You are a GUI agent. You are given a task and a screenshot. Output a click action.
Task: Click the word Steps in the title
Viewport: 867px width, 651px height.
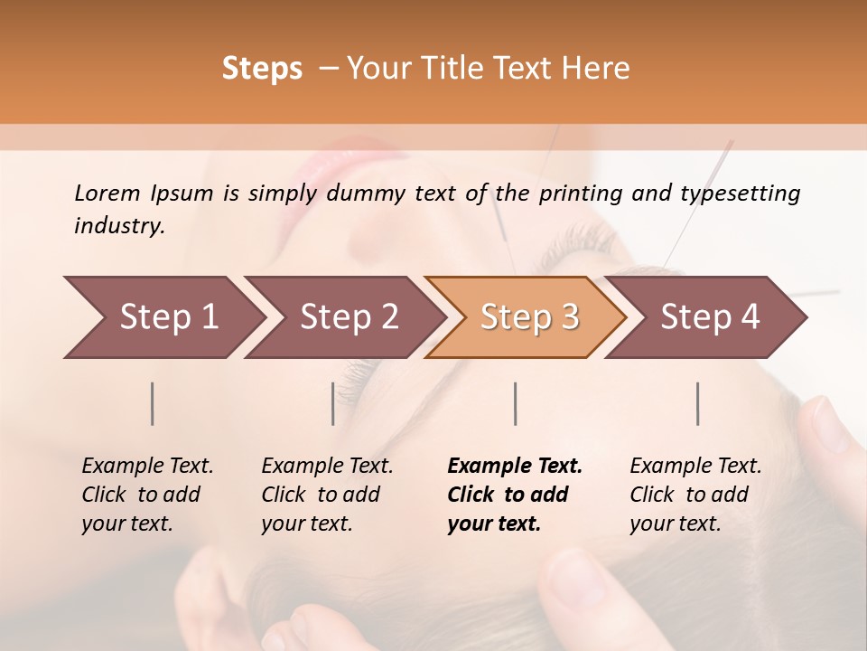coord(262,69)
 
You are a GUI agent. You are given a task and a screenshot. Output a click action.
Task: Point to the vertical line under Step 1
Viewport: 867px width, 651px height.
coord(153,403)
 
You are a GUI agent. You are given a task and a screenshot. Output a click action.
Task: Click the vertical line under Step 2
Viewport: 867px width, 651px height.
coord(333,403)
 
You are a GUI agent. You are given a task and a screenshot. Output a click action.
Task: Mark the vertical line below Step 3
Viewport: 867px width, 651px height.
coord(516,403)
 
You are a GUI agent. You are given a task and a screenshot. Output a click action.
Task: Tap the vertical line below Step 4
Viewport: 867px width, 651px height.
coord(698,403)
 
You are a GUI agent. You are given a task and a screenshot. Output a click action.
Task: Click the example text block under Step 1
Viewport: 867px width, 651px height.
coord(147,495)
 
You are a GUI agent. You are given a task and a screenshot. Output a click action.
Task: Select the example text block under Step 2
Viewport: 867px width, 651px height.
coord(327,495)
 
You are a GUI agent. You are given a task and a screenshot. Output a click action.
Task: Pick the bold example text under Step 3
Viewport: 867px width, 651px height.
coord(515,495)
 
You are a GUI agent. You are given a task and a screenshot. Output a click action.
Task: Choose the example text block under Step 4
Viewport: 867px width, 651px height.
coord(695,495)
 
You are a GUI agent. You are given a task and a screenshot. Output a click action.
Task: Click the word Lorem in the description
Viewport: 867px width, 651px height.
coord(107,193)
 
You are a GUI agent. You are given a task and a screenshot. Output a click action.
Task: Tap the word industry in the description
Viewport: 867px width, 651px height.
coord(119,226)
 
